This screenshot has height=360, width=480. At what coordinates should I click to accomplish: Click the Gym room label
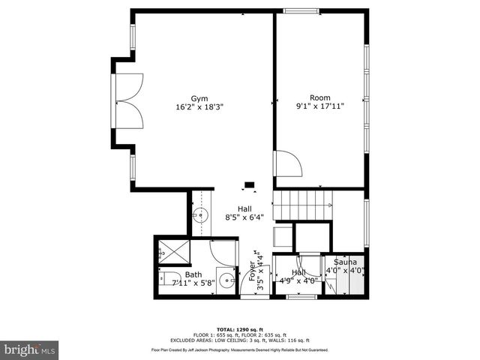coord(199,98)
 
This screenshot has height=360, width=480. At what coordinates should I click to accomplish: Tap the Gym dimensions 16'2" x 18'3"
coord(199,107)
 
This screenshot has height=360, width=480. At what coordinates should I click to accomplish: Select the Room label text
coord(320,98)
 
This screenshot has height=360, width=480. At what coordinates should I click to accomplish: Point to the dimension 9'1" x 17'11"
coord(320,107)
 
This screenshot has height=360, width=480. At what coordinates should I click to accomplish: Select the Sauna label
coord(346,262)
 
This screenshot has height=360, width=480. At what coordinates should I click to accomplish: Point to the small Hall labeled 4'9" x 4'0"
coord(299,277)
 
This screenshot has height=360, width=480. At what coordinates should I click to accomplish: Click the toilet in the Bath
coord(167,279)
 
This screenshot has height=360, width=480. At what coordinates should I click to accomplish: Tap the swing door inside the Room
coord(286,163)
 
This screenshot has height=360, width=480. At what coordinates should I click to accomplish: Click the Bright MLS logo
coord(30,349)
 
